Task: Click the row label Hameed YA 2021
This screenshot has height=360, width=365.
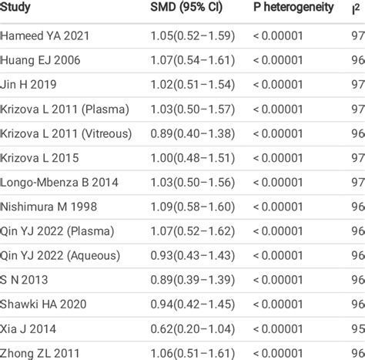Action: pyautogui.click(x=45, y=36)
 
